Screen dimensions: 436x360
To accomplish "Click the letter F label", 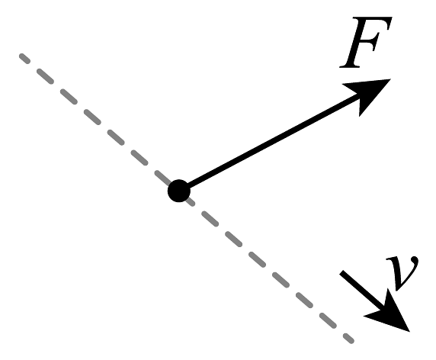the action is point(366,42).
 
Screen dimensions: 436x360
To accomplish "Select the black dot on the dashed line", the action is point(179,191).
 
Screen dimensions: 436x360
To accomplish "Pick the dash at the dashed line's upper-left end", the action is point(24,59).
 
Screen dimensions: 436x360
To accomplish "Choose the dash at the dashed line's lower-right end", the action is point(348,339).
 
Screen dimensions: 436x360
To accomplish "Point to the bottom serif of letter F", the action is point(351,66).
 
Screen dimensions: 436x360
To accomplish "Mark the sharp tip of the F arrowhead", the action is point(391,79).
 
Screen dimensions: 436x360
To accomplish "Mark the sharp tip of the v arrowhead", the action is point(410,332).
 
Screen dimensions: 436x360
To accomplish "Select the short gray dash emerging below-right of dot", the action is point(191,201).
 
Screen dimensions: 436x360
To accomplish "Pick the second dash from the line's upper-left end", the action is point(45,76).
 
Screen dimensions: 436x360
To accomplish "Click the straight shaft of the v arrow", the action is point(361,290).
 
